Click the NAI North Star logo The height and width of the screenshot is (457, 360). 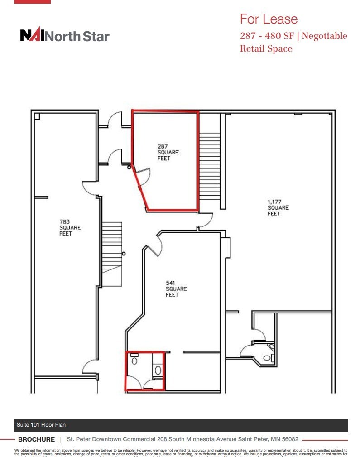pyautogui.click(x=65, y=36)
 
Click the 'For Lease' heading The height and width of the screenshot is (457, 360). pyautogui.click(x=269, y=19)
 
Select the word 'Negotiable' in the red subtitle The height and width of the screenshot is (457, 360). pyautogui.click(x=324, y=36)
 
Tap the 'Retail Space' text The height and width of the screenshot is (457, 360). pyautogui.click(x=266, y=48)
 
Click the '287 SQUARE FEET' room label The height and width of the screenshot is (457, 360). pyautogui.click(x=168, y=153)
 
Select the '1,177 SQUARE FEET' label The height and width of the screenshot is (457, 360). pyautogui.click(x=278, y=207)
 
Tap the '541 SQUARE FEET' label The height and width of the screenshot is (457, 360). pyautogui.click(x=176, y=289)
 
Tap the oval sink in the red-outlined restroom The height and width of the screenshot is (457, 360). pyautogui.click(x=158, y=370)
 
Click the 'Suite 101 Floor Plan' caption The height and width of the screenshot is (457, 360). pyautogui.click(x=41, y=425)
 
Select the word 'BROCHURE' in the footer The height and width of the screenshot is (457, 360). pyautogui.click(x=36, y=439)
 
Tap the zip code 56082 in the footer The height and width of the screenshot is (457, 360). pyautogui.click(x=288, y=439)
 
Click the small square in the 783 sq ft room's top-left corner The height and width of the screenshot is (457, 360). pyautogui.click(x=37, y=116)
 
